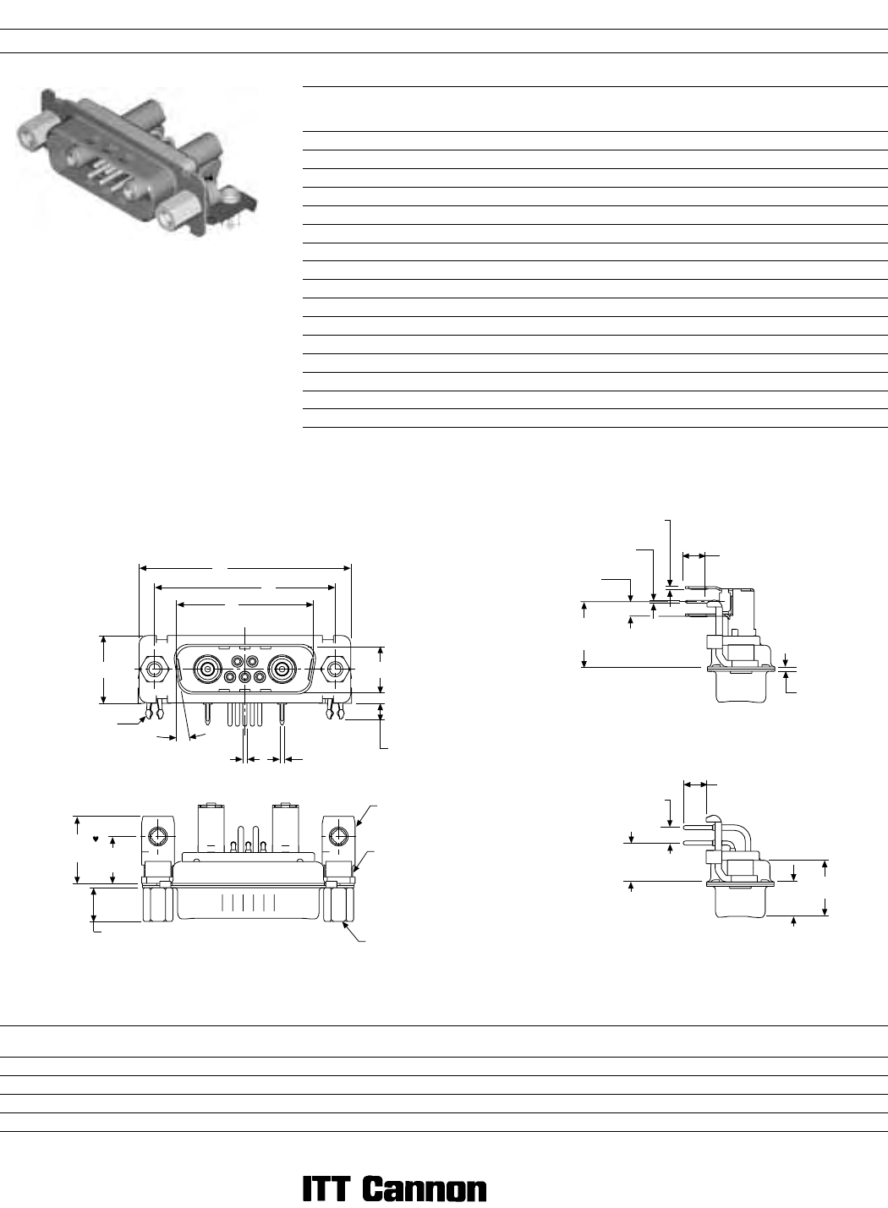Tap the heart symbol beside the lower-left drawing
(96, 839)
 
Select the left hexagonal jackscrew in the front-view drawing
(155, 670)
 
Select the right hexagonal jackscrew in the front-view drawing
(335, 670)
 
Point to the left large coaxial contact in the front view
(207, 670)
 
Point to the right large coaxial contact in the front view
(281, 670)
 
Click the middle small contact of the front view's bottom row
(245, 676)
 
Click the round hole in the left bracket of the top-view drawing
(158, 836)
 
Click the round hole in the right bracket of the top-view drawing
(338, 836)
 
